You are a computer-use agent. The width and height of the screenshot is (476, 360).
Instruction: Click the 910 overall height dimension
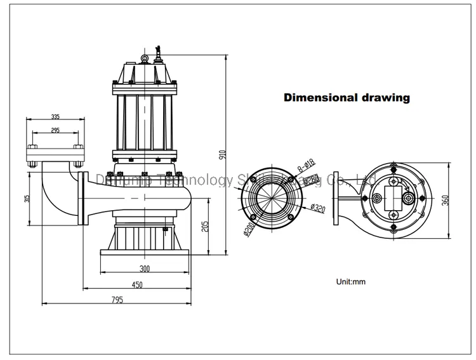(222, 155)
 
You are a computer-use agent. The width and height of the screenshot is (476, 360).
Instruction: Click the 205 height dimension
(204, 226)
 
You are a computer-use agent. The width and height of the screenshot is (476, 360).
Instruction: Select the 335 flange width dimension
(56, 117)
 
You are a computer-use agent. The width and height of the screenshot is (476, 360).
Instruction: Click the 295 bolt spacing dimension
(56, 130)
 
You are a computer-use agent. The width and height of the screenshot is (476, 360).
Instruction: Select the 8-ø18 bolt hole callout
(307, 167)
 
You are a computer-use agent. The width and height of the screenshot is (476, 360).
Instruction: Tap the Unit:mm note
(350, 281)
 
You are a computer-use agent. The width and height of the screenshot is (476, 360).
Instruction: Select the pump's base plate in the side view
(145, 253)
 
